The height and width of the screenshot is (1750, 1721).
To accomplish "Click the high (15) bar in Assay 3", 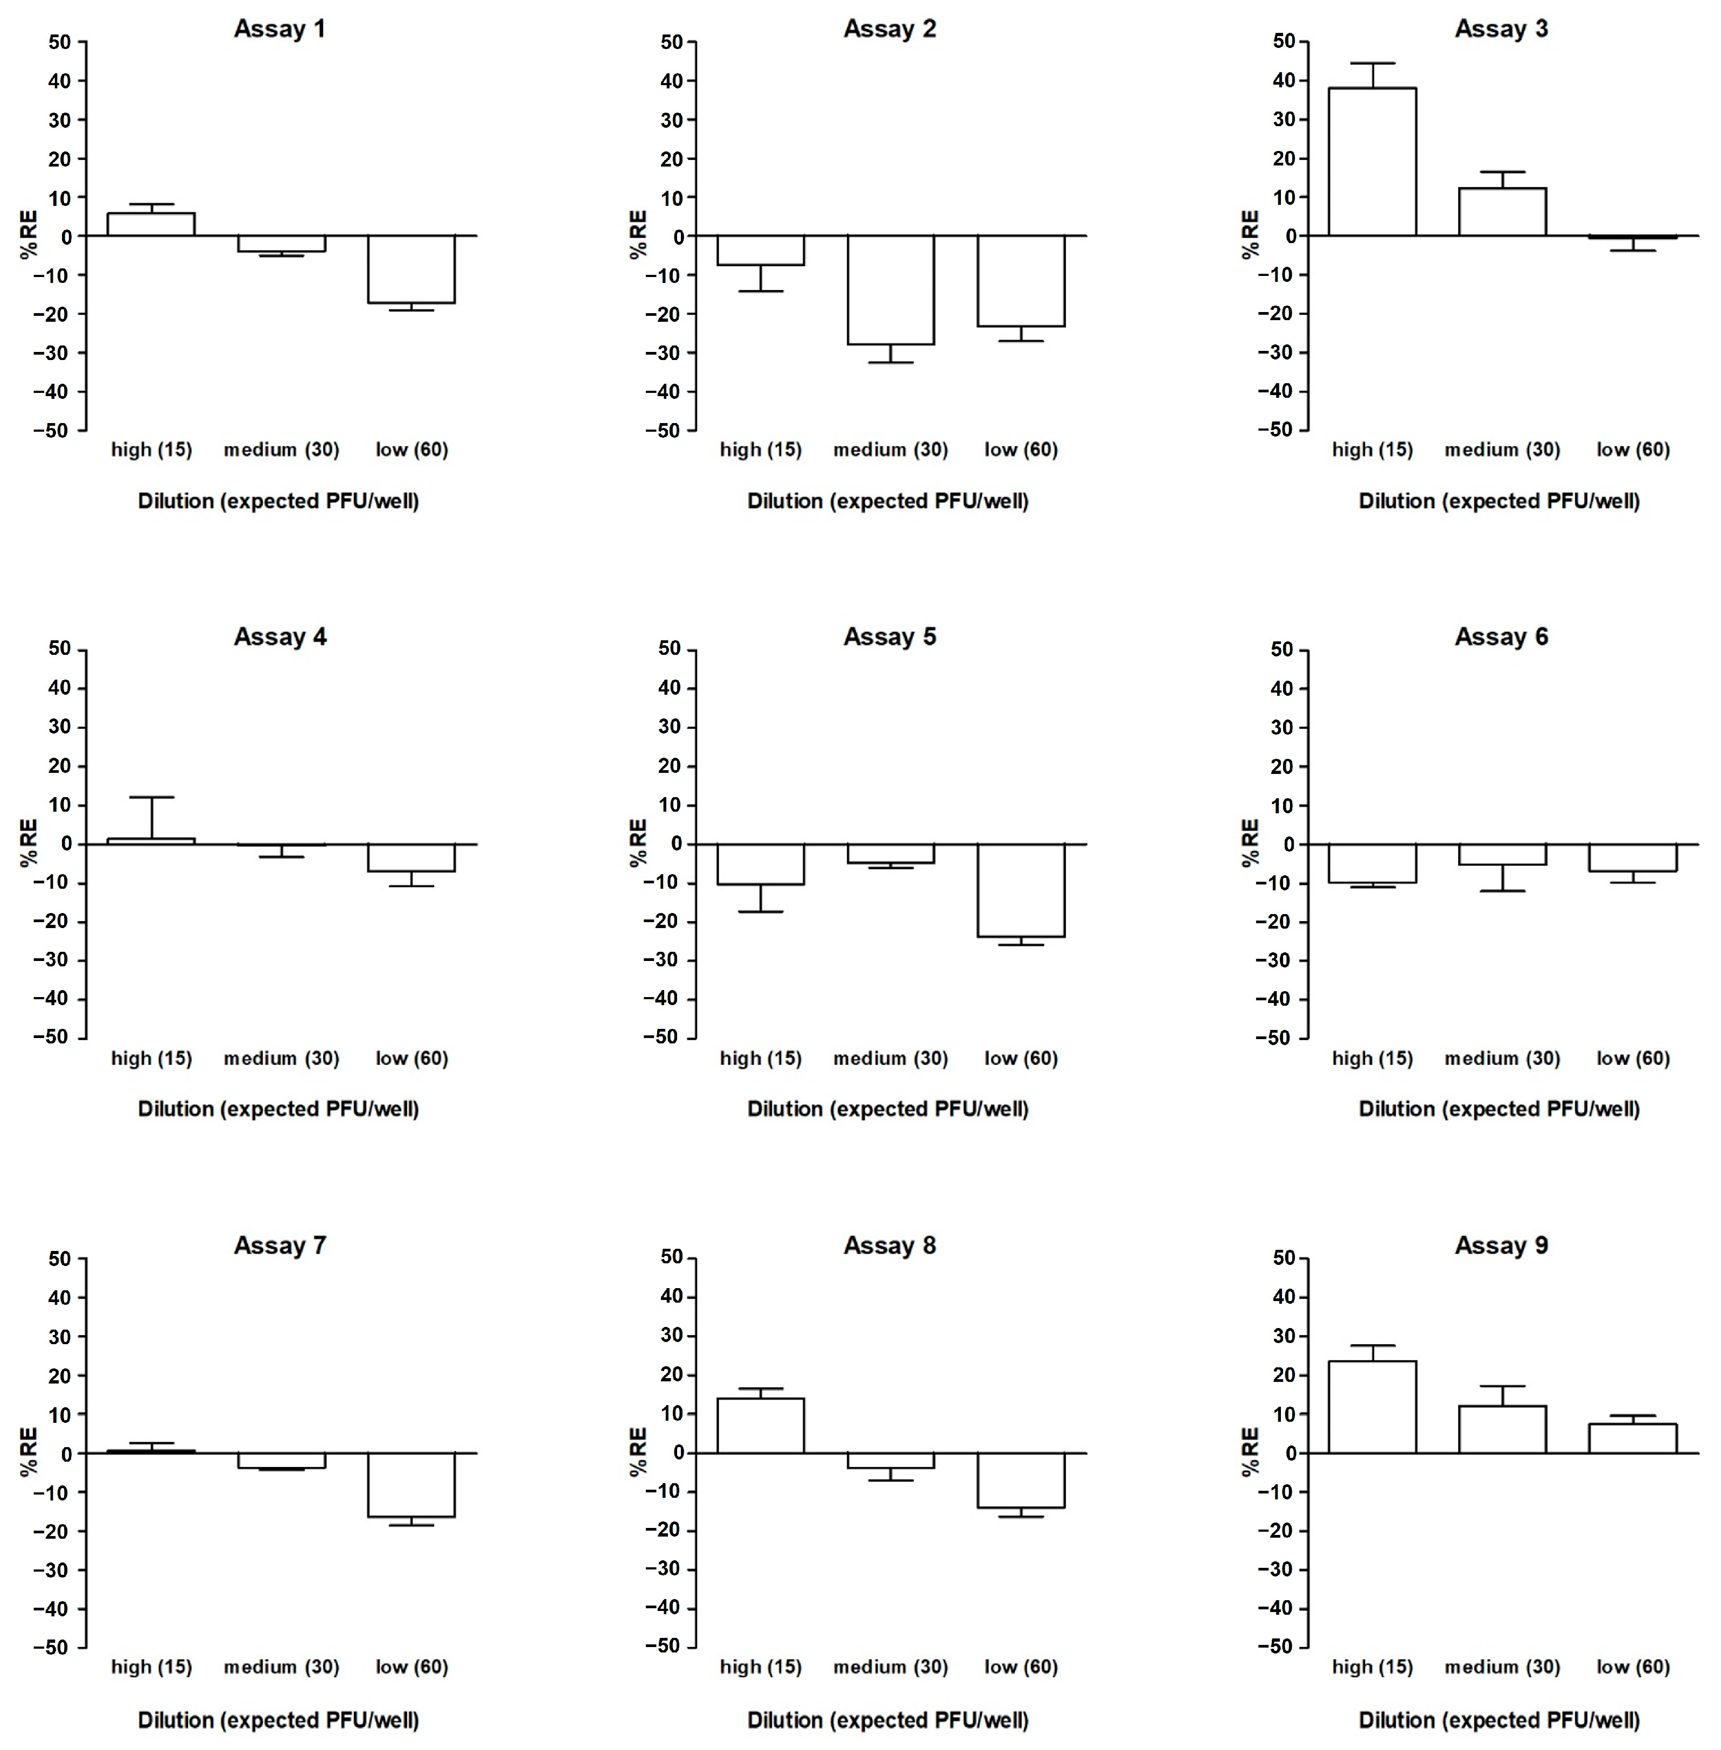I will pyautogui.click(x=1371, y=163).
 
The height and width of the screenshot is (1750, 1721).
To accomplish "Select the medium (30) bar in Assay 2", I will pyautogui.click(x=890, y=289).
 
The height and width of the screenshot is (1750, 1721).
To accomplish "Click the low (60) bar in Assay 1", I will pyautogui.click(x=412, y=269).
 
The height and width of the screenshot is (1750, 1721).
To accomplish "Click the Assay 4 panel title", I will pyautogui.click(x=280, y=637).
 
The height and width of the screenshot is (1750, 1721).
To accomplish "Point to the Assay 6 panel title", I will pyautogui.click(x=1501, y=637).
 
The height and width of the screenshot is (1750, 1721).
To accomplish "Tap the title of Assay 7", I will pyautogui.click(x=280, y=1246).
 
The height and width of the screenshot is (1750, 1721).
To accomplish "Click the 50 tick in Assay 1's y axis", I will pyautogui.click(x=60, y=41).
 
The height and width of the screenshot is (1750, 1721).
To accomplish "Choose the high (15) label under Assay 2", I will pyautogui.click(x=760, y=449).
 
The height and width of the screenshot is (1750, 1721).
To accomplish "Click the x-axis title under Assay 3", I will pyautogui.click(x=1499, y=501).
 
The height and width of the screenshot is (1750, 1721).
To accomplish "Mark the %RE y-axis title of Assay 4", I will pyautogui.click(x=30, y=843).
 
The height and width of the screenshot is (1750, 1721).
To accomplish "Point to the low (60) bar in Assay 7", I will pyautogui.click(x=412, y=1485).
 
